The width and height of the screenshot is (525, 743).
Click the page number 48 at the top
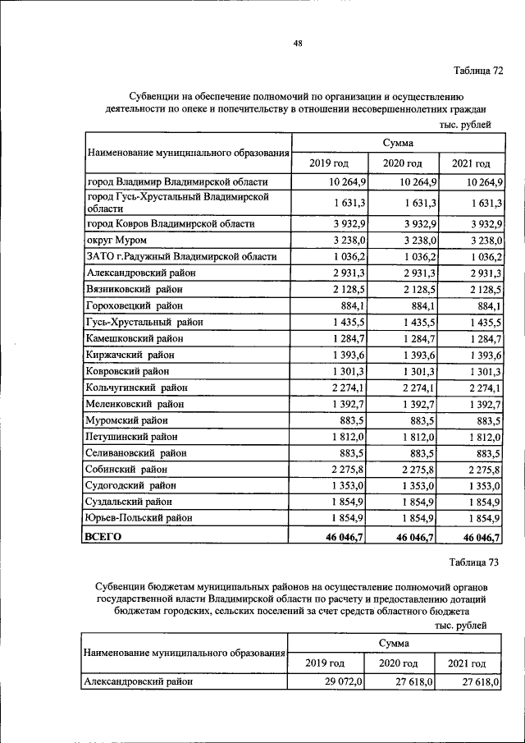298,44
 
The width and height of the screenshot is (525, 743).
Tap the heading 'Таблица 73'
474,562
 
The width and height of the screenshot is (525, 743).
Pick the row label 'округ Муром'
116,240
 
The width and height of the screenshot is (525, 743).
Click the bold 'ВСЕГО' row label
103,536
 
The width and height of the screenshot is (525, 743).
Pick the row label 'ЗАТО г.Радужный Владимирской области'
181,256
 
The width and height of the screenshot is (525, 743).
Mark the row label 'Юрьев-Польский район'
139,518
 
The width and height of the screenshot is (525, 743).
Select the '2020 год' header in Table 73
398,663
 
